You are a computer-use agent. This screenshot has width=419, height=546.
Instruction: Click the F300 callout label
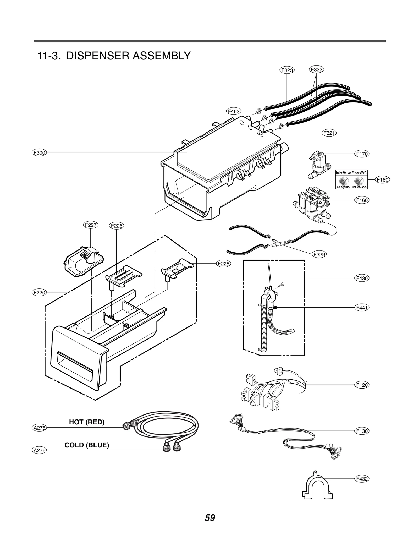(x=39, y=152)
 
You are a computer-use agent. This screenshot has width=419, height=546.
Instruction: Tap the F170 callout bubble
(x=362, y=154)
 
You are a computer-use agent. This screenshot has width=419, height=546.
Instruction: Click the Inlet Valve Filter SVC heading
(x=351, y=173)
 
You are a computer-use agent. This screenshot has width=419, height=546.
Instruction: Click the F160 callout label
(x=362, y=200)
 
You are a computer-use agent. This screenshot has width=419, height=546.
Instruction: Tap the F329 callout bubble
(x=319, y=254)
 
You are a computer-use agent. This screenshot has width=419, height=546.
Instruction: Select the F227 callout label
(x=91, y=225)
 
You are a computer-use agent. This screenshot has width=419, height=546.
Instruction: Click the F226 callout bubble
(x=116, y=226)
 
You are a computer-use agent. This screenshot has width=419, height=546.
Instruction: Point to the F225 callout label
(x=223, y=264)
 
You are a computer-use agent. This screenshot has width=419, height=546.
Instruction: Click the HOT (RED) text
(x=87, y=422)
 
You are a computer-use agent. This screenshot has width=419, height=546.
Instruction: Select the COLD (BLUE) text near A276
(x=87, y=445)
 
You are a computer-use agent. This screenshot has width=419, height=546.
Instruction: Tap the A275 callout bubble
(x=39, y=428)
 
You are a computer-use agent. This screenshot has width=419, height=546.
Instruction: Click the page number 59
(x=210, y=518)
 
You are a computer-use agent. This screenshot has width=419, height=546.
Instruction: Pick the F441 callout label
(x=362, y=308)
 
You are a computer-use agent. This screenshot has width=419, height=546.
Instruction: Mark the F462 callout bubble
(x=233, y=111)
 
